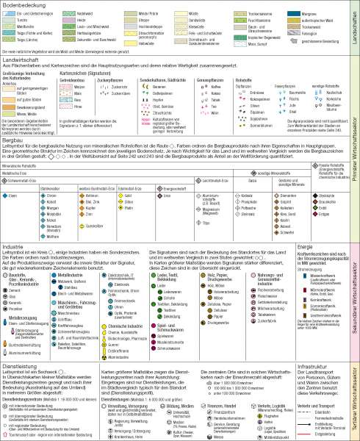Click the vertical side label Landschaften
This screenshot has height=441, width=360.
pos(354,29)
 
